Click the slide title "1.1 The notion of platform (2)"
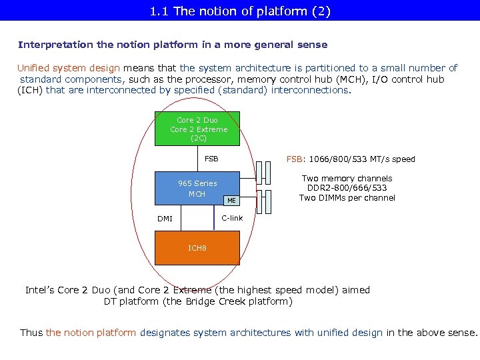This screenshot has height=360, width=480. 240,11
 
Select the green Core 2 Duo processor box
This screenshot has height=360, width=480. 198,129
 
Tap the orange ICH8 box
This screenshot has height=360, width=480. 197,248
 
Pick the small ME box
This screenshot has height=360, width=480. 231,200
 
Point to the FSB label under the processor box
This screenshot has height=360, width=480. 211,159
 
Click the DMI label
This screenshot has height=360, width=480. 165,219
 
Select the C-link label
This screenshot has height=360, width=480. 232,219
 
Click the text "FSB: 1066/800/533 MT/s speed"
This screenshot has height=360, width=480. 350,159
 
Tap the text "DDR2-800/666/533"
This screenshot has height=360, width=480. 347,188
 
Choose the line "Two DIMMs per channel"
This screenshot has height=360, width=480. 347,198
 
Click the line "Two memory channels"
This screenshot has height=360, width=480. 347,179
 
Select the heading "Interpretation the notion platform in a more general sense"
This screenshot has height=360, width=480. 173,45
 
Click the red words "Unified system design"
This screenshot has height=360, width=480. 69,68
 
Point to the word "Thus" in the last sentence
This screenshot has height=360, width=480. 31,333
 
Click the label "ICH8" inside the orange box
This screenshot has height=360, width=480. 197,248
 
